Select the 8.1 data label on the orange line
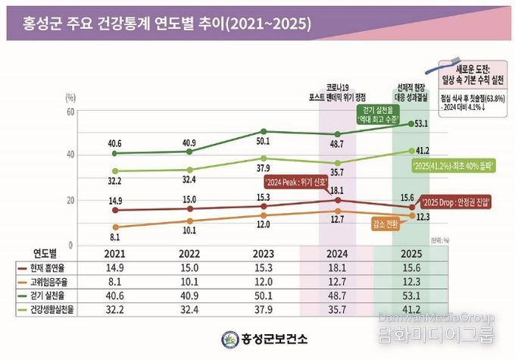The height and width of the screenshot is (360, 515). (115, 236)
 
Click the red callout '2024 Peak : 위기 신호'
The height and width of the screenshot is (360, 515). (296, 183)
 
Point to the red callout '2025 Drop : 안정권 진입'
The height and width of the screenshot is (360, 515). (455, 202)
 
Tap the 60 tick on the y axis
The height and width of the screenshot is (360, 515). (70, 111)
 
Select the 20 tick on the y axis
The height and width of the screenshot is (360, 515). (70, 200)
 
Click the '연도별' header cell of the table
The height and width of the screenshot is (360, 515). (45, 254)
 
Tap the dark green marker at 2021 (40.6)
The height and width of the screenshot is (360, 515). (114, 153)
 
